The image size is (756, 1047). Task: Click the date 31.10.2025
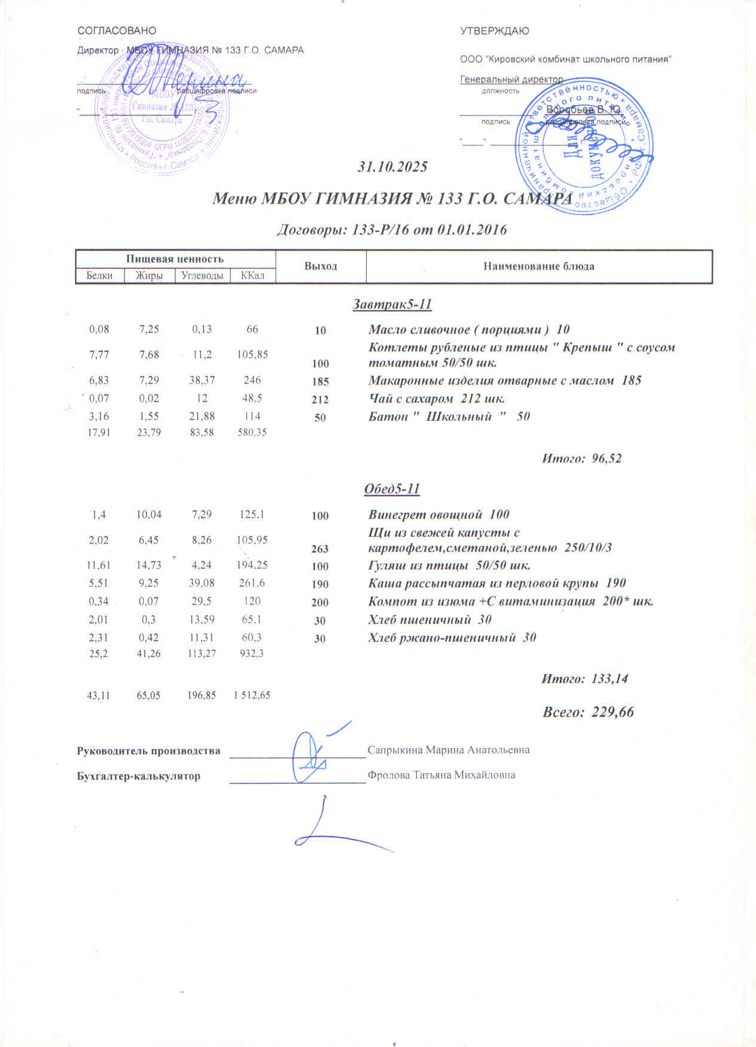pos(392,167)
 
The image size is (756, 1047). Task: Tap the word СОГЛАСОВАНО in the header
pos(117,30)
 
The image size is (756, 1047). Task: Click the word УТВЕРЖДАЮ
pos(494,31)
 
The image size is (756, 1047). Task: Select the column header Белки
pos(99,275)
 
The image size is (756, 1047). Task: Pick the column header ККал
pos(252,275)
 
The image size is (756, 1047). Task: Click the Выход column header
pos(321,266)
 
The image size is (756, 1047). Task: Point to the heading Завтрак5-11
pos(392,304)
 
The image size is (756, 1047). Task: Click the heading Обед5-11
pos(392,489)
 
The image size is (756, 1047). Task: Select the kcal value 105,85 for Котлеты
pos(252,354)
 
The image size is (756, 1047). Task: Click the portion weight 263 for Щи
pos(320,549)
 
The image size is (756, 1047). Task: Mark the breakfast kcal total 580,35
pos(252,431)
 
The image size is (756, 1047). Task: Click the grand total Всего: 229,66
pos(588,712)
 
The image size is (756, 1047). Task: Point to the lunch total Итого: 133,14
pos(584,679)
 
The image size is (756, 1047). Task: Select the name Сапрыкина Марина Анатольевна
pos(448,749)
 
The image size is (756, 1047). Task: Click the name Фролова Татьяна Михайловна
pos(441,775)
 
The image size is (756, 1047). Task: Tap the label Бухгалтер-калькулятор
pos(139,776)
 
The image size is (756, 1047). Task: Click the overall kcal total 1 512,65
pos(252,695)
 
